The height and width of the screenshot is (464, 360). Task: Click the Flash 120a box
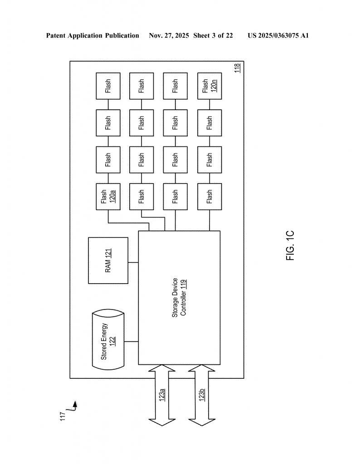[x=108, y=196]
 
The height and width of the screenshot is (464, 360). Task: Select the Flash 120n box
[x=209, y=86]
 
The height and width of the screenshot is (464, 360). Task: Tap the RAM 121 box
[x=108, y=261]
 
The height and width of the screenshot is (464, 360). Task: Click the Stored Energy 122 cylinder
[x=108, y=340]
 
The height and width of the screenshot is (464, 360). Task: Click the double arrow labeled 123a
[x=162, y=395]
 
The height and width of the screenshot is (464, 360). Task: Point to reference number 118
[x=237, y=68]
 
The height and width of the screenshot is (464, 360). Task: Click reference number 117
[x=63, y=416]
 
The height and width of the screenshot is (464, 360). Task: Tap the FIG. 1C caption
[x=291, y=246]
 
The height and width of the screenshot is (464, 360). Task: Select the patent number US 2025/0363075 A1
[x=278, y=35]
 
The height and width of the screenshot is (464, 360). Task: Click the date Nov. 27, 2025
[x=169, y=35]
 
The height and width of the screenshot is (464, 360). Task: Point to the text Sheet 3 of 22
[x=213, y=35]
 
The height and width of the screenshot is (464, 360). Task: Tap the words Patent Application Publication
[x=92, y=35]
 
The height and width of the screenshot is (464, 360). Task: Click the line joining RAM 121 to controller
[x=133, y=262]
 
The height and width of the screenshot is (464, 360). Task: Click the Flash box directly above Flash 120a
[x=108, y=159]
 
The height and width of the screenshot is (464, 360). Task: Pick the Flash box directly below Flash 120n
[x=209, y=122]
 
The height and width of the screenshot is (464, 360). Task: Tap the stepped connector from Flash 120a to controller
[x=129, y=222]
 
